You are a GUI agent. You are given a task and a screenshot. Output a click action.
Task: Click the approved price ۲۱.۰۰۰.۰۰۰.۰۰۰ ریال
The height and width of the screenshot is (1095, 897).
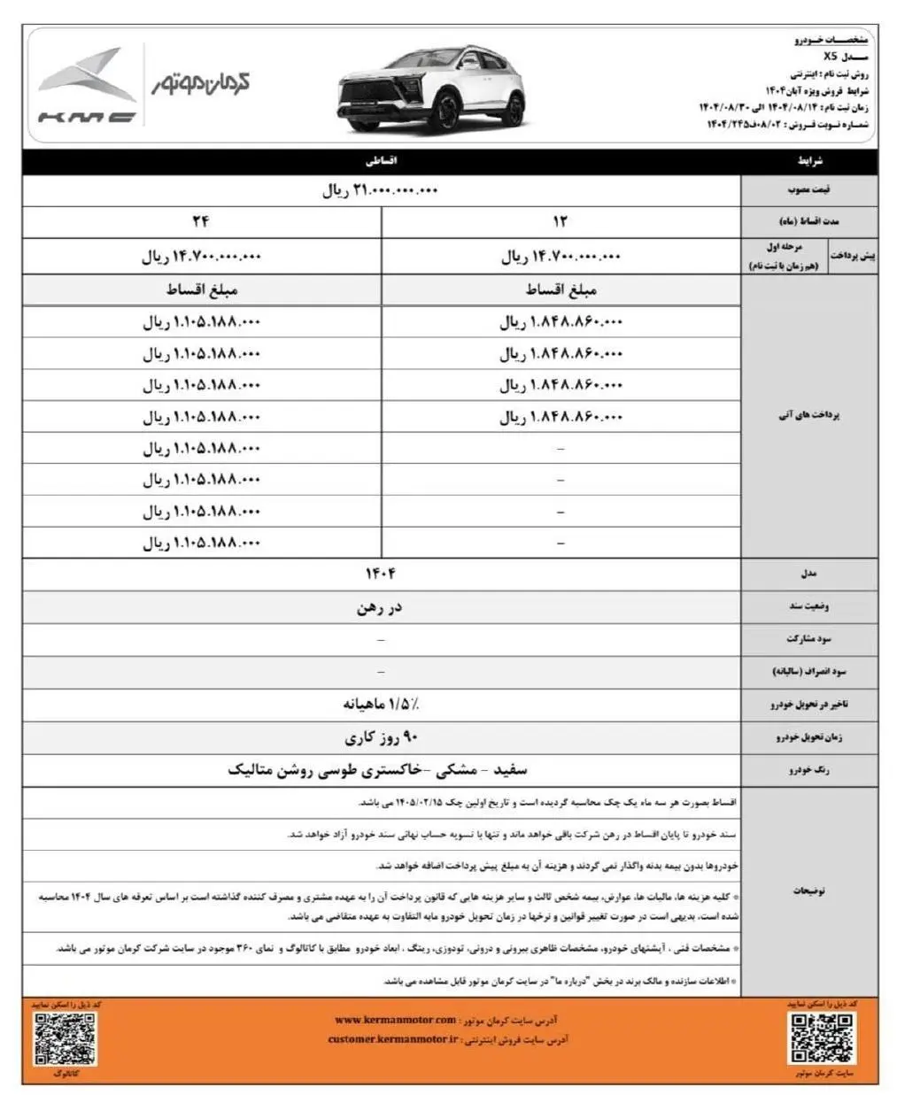coord(381,190)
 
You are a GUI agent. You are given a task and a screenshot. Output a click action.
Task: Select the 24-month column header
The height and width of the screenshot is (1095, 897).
coord(202,221)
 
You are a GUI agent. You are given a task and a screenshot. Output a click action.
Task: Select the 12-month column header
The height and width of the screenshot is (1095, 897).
coord(561,221)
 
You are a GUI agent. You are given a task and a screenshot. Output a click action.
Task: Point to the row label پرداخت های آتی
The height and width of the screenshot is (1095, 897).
coord(808,416)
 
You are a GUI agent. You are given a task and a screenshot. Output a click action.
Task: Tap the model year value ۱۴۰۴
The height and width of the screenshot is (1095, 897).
coord(381,574)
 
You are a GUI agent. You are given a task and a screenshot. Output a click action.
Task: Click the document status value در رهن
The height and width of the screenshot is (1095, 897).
coord(381,607)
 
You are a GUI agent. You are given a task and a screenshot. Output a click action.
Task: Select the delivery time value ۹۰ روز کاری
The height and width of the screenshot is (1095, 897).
coord(381,737)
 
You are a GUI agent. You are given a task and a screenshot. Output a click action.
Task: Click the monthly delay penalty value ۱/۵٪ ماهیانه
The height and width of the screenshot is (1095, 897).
coord(381,705)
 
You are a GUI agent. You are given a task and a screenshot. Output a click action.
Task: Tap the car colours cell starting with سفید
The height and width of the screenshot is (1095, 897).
coord(381,769)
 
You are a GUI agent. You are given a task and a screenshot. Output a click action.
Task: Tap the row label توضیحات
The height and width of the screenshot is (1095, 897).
coord(808,891)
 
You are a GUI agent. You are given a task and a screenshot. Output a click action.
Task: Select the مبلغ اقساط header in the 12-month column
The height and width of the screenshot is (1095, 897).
coord(561,290)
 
